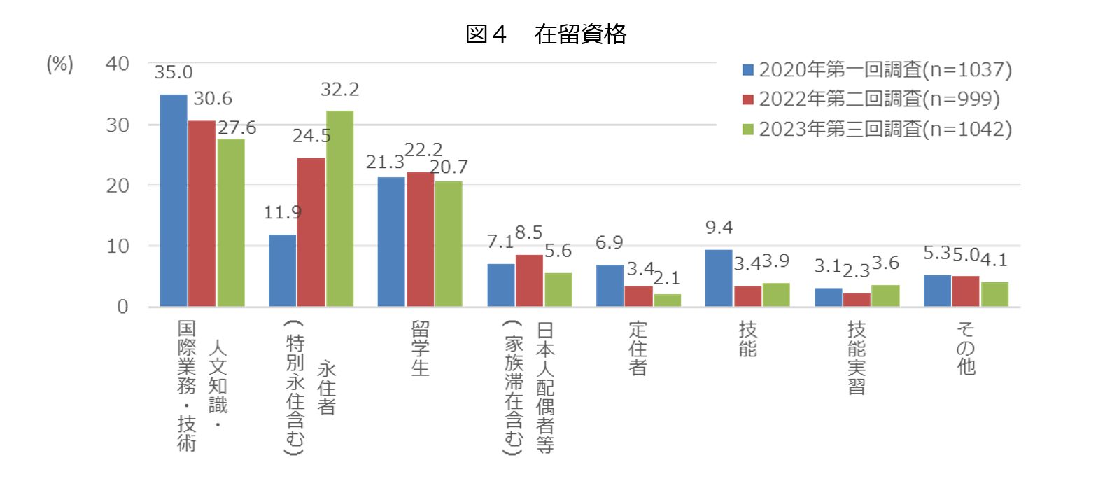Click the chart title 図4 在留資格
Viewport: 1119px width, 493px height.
click(546, 34)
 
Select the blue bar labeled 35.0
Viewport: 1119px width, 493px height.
click(174, 201)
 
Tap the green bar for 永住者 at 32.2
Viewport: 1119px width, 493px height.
click(339, 209)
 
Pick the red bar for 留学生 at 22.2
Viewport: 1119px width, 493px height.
click(420, 239)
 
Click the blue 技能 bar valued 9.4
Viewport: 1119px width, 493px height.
click(719, 278)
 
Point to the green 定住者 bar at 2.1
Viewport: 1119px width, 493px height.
click(667, 300)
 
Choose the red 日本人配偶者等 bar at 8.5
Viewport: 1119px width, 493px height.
click(529, 281)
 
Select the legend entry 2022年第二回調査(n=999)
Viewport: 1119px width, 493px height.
click(872, 99)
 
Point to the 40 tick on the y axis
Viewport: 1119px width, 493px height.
click(118, 64)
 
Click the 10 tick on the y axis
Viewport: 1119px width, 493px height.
click(118, 246)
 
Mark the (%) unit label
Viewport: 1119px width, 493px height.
click(59, 64)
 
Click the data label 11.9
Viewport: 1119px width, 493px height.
click(283, 212)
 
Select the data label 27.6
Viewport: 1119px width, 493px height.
click(237, 127)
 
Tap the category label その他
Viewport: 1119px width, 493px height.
click(966, 348)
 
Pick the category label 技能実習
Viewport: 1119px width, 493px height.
click(857, 358)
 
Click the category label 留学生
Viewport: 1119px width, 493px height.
click(420, 349)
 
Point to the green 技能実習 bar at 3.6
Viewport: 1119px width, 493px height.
click(885, 296)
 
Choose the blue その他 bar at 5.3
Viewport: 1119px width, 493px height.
click(937, 291)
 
